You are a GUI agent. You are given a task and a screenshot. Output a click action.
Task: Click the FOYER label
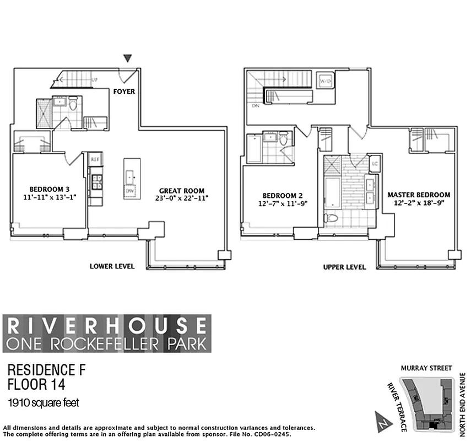(x=124, y=91)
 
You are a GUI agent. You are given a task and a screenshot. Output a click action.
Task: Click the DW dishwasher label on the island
(x=130, y=191)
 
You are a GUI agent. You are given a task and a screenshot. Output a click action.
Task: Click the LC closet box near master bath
(x=375, y=164)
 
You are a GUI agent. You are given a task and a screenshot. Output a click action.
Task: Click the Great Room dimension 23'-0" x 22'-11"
(x=181, y=197)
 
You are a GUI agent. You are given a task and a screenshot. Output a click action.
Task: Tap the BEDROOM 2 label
(x=282, y=195)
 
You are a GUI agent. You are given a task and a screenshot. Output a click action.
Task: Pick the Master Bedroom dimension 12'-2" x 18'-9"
(x=418, y=203)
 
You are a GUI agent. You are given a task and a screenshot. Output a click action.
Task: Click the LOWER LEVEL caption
(x=112, y=266)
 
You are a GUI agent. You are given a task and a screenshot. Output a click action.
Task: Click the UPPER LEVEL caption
(x=344, y=267)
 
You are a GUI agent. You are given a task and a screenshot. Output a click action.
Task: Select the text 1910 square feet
(x=44, y=403)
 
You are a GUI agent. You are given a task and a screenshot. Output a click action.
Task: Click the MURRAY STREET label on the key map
(x=426, y=368)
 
